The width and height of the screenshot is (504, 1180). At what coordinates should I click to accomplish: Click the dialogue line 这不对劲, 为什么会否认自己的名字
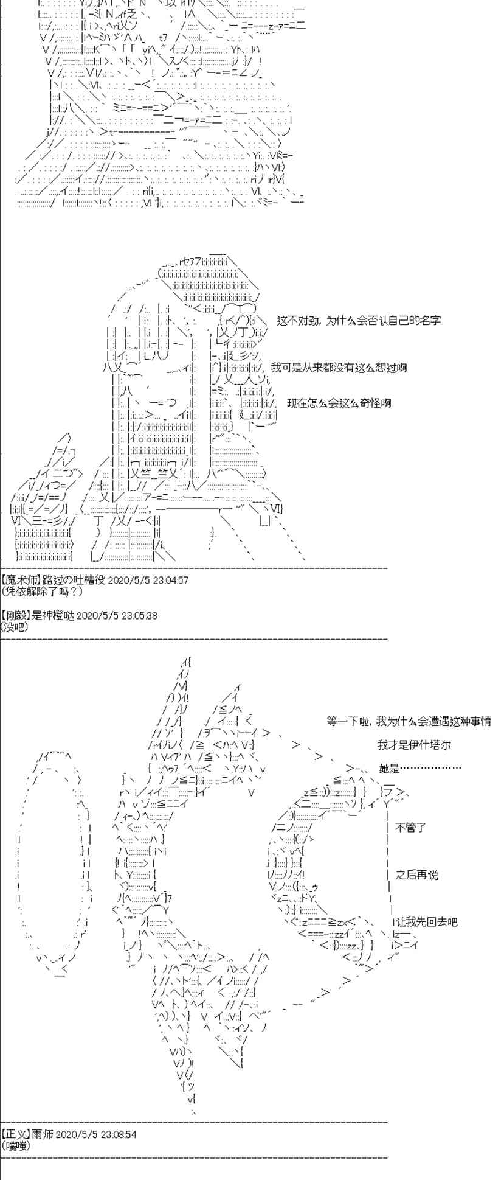(359, 320)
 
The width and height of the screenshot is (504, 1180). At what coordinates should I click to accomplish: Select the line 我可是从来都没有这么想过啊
(339, 368)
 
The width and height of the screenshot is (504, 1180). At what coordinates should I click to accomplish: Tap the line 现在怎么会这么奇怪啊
(339, 403)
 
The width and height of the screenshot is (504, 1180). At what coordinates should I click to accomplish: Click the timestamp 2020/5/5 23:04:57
(148, 580)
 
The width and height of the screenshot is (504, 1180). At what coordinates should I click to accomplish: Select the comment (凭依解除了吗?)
(41, 591)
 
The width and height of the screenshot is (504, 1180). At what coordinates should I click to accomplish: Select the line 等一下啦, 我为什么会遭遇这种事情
(409, 721)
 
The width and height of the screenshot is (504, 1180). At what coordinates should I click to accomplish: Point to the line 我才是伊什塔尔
(414, 745)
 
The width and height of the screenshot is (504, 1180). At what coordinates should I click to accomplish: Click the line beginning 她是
(419, 769)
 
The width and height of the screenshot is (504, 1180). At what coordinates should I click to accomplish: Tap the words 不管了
(411, 828)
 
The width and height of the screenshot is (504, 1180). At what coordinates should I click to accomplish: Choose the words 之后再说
(416, 875)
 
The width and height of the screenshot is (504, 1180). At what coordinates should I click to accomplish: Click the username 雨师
(41, 1134)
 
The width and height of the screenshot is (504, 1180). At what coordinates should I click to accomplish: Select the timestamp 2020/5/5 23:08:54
(95, 1134)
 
